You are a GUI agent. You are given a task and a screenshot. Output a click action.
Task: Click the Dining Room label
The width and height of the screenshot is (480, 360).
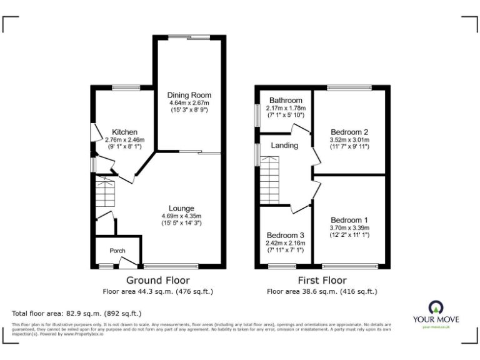[x=189, y=94]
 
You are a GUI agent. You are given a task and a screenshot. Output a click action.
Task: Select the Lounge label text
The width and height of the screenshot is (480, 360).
[x=181, y=208]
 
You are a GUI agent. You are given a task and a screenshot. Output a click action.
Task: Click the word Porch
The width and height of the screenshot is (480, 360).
[x=117, y=251]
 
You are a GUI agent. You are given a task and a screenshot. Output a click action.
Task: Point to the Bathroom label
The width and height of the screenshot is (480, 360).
[x=286, y=100]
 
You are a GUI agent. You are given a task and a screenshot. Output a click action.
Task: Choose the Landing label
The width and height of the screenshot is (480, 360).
[x=284, y=146]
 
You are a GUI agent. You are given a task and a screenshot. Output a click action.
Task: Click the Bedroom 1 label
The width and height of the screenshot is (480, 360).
[x=349, y=220]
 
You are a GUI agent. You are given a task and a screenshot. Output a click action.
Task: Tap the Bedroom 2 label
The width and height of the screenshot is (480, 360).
[x=349, y=132]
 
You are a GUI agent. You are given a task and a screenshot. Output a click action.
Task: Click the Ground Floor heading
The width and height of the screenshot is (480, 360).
[x=158, y=280]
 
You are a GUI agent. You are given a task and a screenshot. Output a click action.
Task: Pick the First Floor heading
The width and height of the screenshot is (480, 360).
[x=322, y=280]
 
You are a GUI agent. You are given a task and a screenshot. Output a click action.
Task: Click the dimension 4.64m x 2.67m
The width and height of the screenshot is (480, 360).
[x=189, y=102]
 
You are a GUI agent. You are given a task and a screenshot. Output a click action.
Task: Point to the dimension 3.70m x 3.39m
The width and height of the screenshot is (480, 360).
[x=349, y=228]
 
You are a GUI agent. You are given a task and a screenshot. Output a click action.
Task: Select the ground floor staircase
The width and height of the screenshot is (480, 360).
[x=106, y=194]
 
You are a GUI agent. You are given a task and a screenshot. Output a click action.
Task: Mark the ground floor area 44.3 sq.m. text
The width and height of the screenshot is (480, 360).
[x=158, y=291]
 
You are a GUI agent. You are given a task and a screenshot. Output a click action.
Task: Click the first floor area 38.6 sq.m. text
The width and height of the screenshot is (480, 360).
[x=322, y=291]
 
